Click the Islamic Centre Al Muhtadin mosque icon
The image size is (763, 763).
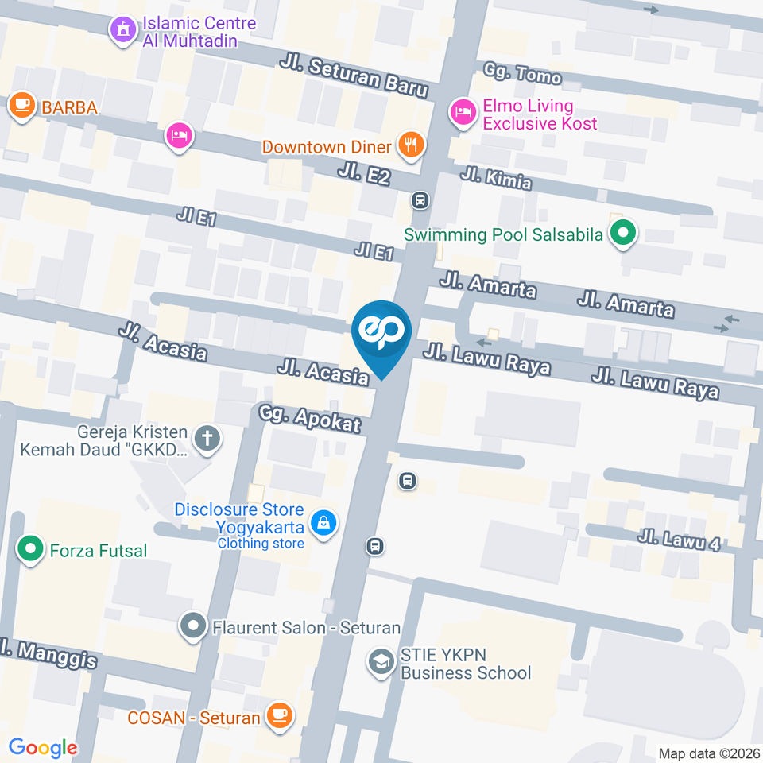(122, 31)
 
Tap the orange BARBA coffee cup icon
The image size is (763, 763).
(21, 104)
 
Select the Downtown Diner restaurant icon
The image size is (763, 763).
(411, 145)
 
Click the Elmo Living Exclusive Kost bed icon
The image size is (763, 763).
(462, 111)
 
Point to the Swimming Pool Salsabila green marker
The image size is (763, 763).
(623, 233)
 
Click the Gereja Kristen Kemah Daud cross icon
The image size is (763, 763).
(207, 438)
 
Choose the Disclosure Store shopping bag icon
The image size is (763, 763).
(323, 523)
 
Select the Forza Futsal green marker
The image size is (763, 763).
(30, 548)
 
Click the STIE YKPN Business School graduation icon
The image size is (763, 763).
(382, 661)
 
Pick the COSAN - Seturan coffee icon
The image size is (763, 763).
(279, 715)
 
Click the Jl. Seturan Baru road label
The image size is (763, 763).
(354, 75)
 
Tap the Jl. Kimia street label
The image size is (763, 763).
(496, 177)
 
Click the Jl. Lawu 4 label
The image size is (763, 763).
(678, 541)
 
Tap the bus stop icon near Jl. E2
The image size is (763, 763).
(420, 201)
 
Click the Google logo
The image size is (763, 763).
(42, 747)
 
